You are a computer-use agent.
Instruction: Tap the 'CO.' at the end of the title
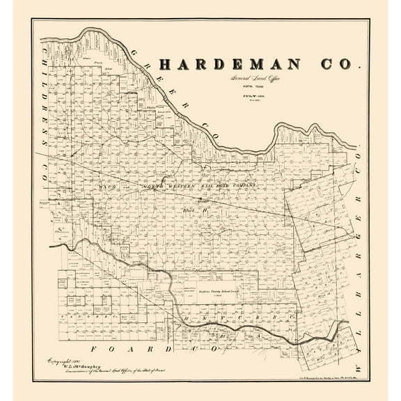[x=338, y=65]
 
